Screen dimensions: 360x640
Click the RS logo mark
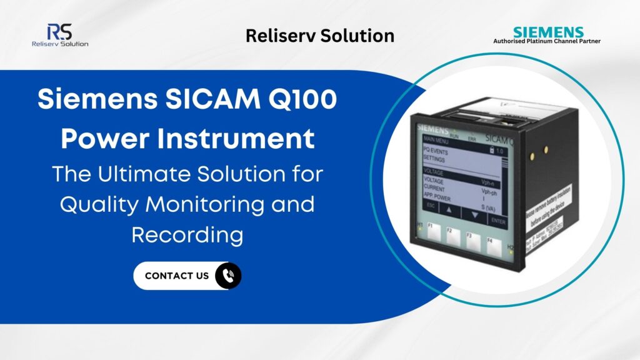point(59,31)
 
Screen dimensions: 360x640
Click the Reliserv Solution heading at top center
point(320,36)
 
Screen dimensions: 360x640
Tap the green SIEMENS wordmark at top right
point(548,32)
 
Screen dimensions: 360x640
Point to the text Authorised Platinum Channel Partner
point(547,41)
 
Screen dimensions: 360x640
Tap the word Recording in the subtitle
point(187,235)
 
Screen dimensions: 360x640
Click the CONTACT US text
point(177,276)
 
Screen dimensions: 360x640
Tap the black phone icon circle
point(228,276)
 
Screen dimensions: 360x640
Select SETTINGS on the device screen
point(435,159)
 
